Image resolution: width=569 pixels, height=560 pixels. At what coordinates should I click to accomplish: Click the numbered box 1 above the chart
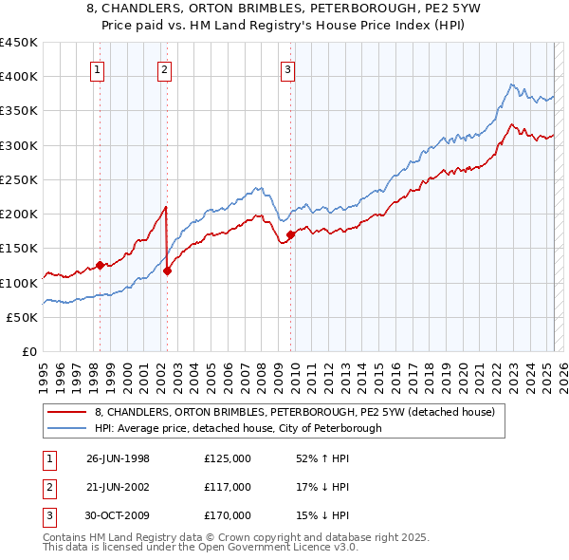click(x=100, y=68)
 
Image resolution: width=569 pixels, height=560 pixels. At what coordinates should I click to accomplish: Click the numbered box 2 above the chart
click(x=165, y=68)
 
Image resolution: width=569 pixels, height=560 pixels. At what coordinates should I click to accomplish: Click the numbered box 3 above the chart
click(x=287, y=68)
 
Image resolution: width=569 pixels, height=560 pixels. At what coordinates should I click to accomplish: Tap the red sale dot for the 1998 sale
click(x=101, y=266)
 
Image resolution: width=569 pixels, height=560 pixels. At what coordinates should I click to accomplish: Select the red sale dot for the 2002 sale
click(x=167, y=271)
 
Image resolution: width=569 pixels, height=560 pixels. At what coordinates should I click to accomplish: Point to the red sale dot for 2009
click(x=290, y=234)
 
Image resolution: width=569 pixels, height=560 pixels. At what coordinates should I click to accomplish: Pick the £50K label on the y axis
click(x=22, y=317)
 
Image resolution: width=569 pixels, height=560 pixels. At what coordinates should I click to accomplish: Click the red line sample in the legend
click(x=69, y=412)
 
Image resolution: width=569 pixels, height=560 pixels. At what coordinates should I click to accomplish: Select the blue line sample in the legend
click(x=69, y=428)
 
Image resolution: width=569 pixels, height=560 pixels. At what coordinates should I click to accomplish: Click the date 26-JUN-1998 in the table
click(x=118, y=458)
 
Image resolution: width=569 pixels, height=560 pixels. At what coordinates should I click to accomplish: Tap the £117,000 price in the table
click(x=228, y=487)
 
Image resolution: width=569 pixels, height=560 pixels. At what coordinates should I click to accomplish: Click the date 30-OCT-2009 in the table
click(x=119, y=515)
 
